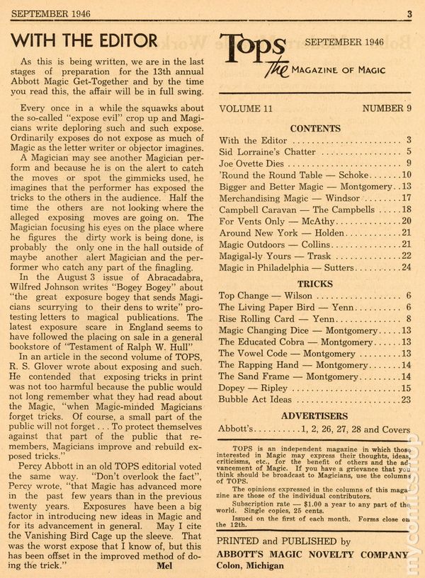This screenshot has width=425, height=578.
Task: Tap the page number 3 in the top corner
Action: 409,12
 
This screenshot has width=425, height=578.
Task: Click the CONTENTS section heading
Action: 315,129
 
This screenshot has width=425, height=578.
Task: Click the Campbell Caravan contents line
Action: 305,210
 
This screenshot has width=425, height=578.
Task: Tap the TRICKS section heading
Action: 315,284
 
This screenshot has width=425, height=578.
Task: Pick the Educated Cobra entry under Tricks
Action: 297,342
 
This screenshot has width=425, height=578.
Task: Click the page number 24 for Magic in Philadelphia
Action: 406,267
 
